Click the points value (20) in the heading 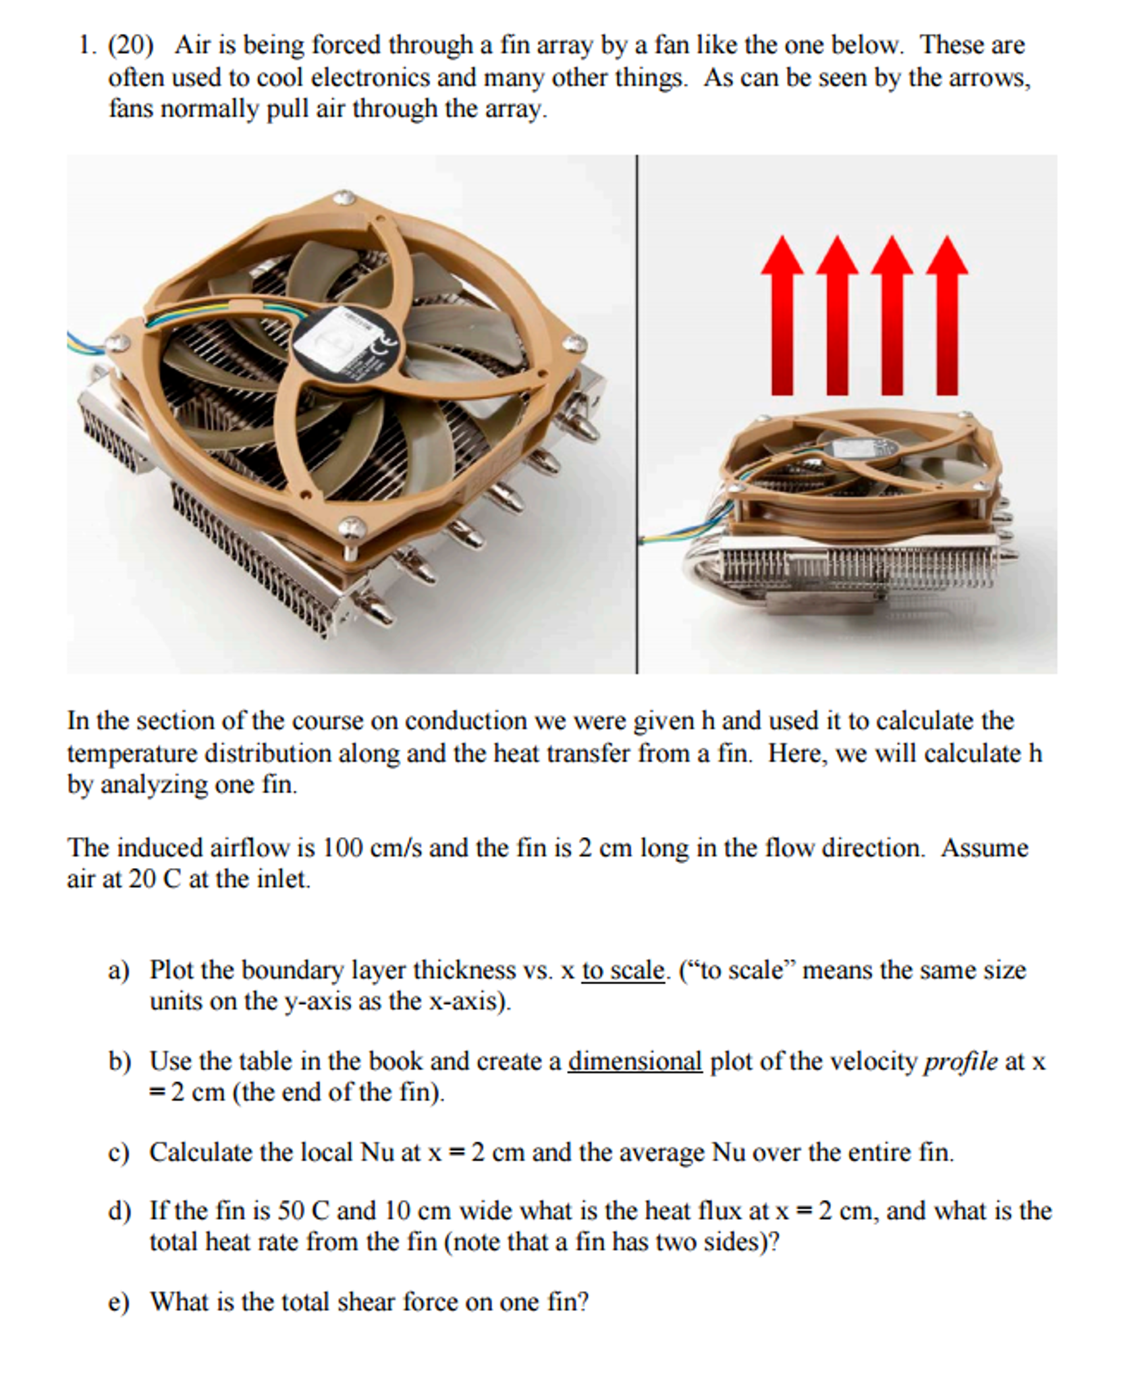click(x=131, y=45)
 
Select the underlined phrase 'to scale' click(x=622, y=970)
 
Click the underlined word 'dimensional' click(x=634, y=1061)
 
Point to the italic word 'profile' click(x=960, y=1061)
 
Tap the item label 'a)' click(x=118, y=971)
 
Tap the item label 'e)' click(x=118, y=1301)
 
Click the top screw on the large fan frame click(x=344, y=198)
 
